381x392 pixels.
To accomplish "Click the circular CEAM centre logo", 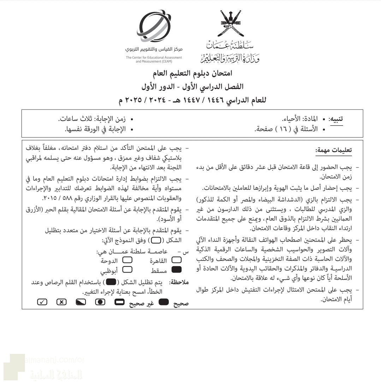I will click(x=154, y=26).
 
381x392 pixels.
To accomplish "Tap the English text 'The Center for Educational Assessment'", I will click(x=154, y=57).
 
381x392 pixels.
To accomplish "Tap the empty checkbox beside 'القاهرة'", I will click(x=175, y=261).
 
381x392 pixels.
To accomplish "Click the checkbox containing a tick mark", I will click(x=42, y=303).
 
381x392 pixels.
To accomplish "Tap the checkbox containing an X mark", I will click(x=61, y=303).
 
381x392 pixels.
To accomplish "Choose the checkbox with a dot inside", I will click(x=101, y=303).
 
